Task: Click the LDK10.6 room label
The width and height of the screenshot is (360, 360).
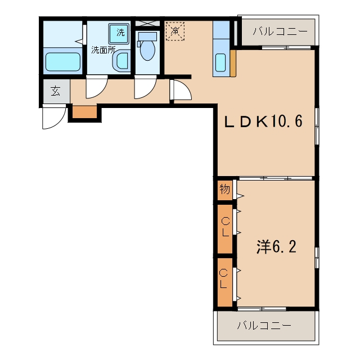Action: point(263,121)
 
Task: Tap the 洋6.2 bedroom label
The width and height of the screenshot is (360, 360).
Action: point(276,247)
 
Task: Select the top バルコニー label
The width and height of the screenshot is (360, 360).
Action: point(280,31)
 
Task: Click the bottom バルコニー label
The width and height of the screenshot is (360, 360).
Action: point(264,325)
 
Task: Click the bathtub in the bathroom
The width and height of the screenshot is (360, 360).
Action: point(62,62)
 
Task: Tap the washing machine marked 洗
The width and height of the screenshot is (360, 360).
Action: point(119,34)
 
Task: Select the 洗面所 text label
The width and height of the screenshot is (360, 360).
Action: point(103,50)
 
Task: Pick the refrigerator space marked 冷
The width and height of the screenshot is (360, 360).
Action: point(175,31)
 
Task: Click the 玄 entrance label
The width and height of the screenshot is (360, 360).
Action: point(56,91)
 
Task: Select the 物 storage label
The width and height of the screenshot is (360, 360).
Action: point(224,189)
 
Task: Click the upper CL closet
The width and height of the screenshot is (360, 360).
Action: point(225,229)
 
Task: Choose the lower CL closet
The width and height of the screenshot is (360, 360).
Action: point(225,282)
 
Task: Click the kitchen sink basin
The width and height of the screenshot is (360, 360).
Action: point(220,62)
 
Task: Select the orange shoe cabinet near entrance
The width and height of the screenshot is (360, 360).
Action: point(85,112)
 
